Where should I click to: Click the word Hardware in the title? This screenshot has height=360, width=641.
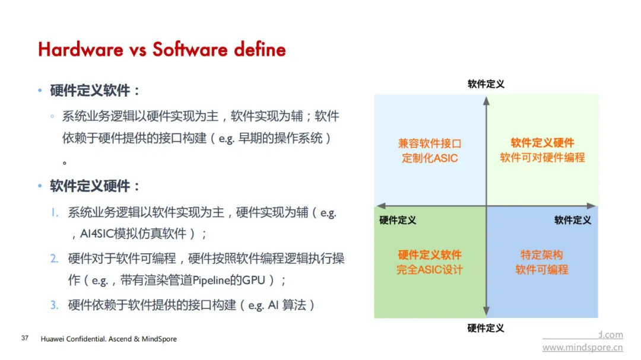click(x=81, y=50)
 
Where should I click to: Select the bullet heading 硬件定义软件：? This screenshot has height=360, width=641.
click(x=95, y=90)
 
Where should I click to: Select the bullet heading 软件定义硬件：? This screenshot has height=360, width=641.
click(x=95, y=186)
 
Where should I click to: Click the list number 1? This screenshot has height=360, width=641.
click(x=55, y=212)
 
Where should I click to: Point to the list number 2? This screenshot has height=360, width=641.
click(x=55, y=259)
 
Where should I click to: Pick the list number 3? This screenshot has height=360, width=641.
click(x=55, y=305)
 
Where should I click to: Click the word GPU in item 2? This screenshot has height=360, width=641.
click(x=253, y=281)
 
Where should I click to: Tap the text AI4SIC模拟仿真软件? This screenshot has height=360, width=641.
click(x=134, y=234)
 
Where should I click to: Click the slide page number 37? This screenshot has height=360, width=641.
click(x=25, y=338)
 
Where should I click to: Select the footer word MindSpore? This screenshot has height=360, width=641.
click(x=159, y=339)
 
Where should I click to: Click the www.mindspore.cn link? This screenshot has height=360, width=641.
click(x=583, y=348)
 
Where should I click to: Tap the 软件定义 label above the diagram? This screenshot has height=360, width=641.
click(x=486, y=84)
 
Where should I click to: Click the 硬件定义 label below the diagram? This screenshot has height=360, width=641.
click(x=485, y=328)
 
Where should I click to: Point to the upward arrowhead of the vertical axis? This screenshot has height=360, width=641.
click(x=486, y=101)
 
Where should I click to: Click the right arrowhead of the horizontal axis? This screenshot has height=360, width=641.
click(x=592, y=206)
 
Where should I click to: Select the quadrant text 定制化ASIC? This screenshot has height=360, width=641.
click(x=430, y=158)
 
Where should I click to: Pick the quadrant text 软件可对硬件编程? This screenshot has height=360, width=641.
click(x=542, y=157)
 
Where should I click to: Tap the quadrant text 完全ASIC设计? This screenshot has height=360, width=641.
click(x=430, y=270)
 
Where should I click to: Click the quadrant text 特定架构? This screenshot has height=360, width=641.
click(x=542, y=255)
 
